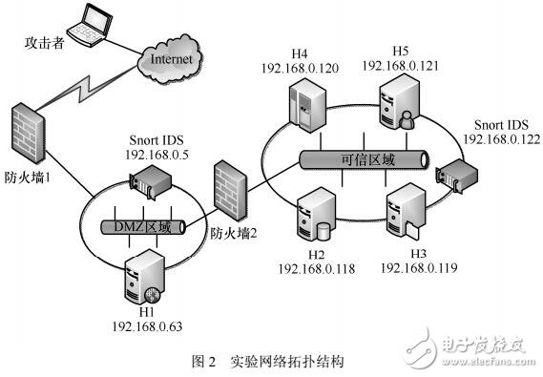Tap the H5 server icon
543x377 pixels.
[399, 105]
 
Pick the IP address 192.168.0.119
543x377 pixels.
[418, 269]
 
